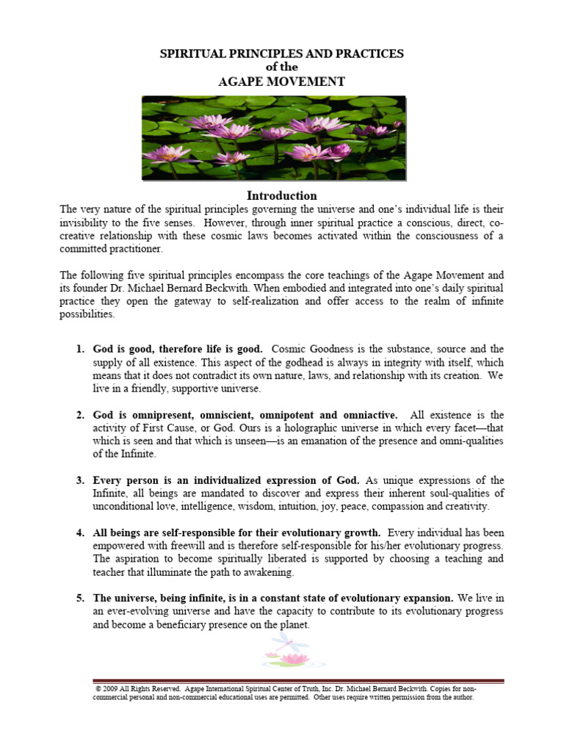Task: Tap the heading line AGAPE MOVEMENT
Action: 281,82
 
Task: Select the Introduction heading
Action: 281,195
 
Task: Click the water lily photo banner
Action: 273,137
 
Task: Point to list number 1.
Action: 79,348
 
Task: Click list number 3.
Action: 79,480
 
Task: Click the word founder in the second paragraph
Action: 90,288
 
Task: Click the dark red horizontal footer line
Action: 281,681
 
